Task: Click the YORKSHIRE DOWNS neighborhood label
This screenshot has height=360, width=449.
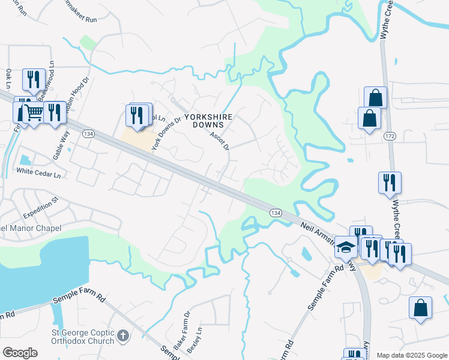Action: pos(203,121)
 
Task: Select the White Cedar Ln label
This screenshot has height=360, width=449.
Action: pos(39,172)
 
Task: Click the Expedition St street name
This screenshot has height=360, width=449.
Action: pos(40,207)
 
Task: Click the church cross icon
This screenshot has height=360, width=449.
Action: pos(123,336)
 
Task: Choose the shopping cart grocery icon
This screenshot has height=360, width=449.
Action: pos(34,112)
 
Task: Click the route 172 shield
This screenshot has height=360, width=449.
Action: pos(390,137)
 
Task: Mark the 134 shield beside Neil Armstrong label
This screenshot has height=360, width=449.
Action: pos(276,213)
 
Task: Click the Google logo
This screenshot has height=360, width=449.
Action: pos(20,353)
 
